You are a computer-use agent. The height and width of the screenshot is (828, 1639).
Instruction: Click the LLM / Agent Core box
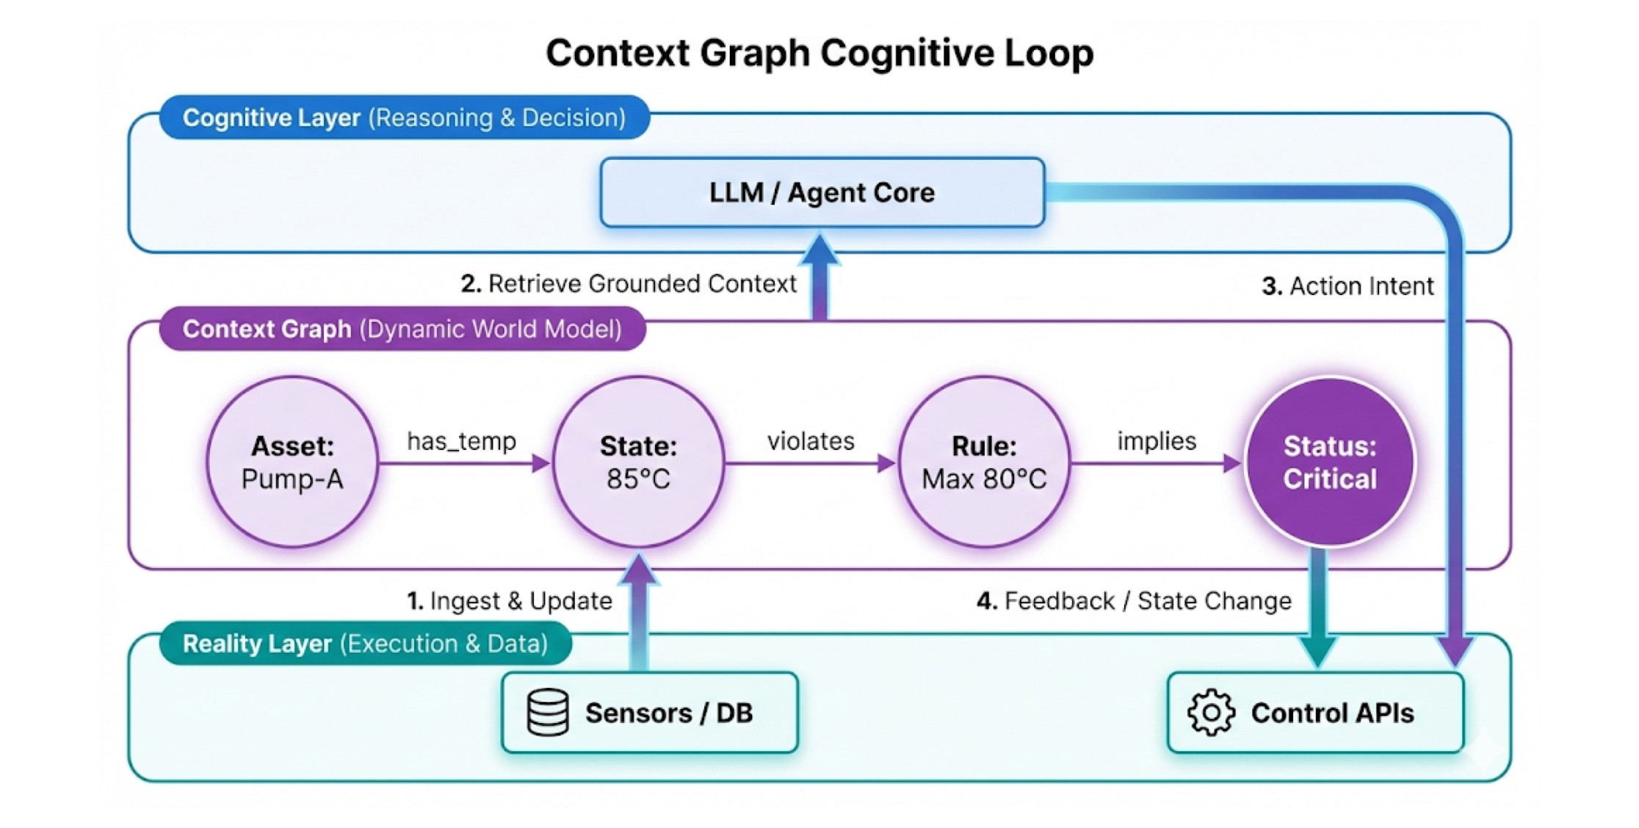coord(822,192)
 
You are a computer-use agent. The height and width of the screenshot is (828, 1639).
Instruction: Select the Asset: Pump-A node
coord(292,462)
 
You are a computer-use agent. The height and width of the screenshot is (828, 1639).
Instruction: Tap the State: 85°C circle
coord(638,462)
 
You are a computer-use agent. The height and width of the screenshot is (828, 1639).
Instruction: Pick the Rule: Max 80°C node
coord(984,462)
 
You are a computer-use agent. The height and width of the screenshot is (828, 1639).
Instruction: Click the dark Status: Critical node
coord(1330,462)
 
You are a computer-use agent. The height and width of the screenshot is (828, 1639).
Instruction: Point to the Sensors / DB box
coord(650,713)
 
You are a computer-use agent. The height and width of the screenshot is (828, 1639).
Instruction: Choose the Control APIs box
coord(1316,713)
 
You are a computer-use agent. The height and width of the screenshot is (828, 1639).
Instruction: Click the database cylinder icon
coord(548,713)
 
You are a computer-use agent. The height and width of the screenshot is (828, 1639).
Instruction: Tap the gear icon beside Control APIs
coord(1211,713)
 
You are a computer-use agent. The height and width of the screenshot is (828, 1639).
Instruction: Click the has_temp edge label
coord(462,441)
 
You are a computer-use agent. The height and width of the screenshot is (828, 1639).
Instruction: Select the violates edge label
coord(811,441)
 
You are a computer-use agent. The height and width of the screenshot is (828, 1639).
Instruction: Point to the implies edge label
coord(1157,441)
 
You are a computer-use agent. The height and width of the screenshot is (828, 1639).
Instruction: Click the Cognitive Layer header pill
coord(405,117)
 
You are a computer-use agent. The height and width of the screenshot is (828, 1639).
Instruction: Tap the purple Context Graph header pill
coord(402,329)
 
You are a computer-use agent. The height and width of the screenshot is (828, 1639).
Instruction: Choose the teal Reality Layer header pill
coord(366,644)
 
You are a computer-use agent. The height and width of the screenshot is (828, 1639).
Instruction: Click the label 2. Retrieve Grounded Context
coord(629,283)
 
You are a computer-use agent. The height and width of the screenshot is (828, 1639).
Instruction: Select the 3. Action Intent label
coord(1347,286)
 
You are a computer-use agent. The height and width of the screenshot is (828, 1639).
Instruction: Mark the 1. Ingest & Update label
coord(510,600)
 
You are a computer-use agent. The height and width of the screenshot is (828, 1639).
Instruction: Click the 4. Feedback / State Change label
coord(1134,600)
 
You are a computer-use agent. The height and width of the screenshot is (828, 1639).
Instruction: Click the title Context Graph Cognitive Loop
coord(819,53)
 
